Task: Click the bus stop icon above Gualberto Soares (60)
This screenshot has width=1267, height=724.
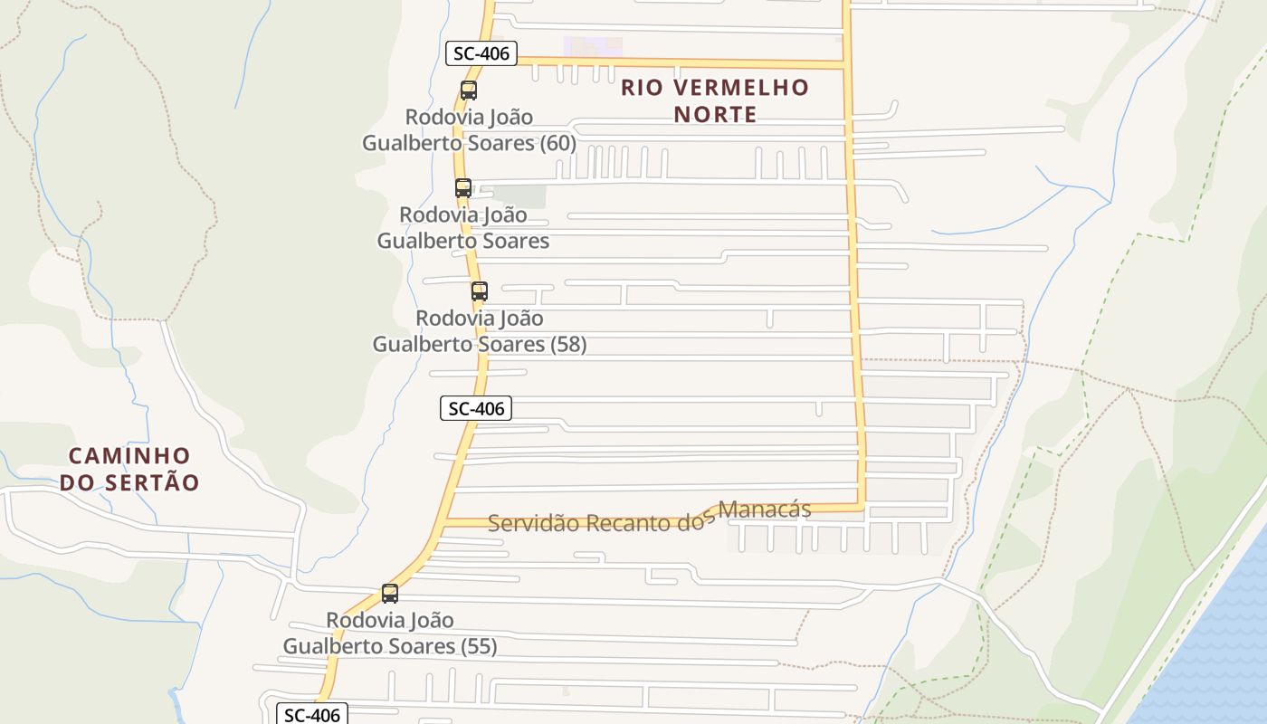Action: click(x=468, y=90)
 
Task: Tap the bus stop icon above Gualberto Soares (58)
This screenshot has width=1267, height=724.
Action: click(x=480, y=291)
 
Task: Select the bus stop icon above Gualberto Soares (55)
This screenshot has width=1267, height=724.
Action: click(x=390, y=594)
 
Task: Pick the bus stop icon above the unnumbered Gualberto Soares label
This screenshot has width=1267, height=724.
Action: click(x=463, y=188)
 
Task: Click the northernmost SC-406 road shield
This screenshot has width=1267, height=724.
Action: click(x=481, y=53)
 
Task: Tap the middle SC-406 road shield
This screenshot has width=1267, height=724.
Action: click(x=476, y=408)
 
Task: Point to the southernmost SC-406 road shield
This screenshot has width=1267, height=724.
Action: click(x=311, y=715)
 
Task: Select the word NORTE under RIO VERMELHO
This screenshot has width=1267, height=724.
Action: click(x=715, y=114)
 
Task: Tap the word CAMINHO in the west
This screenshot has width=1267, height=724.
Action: click(x=130, y=455)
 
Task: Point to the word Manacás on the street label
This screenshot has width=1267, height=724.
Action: click(x=765, y=510)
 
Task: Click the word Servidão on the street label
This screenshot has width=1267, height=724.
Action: click(x=533, y=523)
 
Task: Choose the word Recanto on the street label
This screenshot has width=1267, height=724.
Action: click(x=631, y=523)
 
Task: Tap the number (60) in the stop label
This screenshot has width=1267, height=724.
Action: click(x=557, y=143)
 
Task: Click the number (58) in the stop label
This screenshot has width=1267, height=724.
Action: click(x=567, y=344)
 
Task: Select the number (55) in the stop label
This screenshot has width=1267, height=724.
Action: click(x=479, y=646)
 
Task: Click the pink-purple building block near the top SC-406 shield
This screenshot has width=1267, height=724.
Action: click(x=593, y=46)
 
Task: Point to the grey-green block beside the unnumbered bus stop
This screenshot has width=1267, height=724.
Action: click(x=520, y=196)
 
